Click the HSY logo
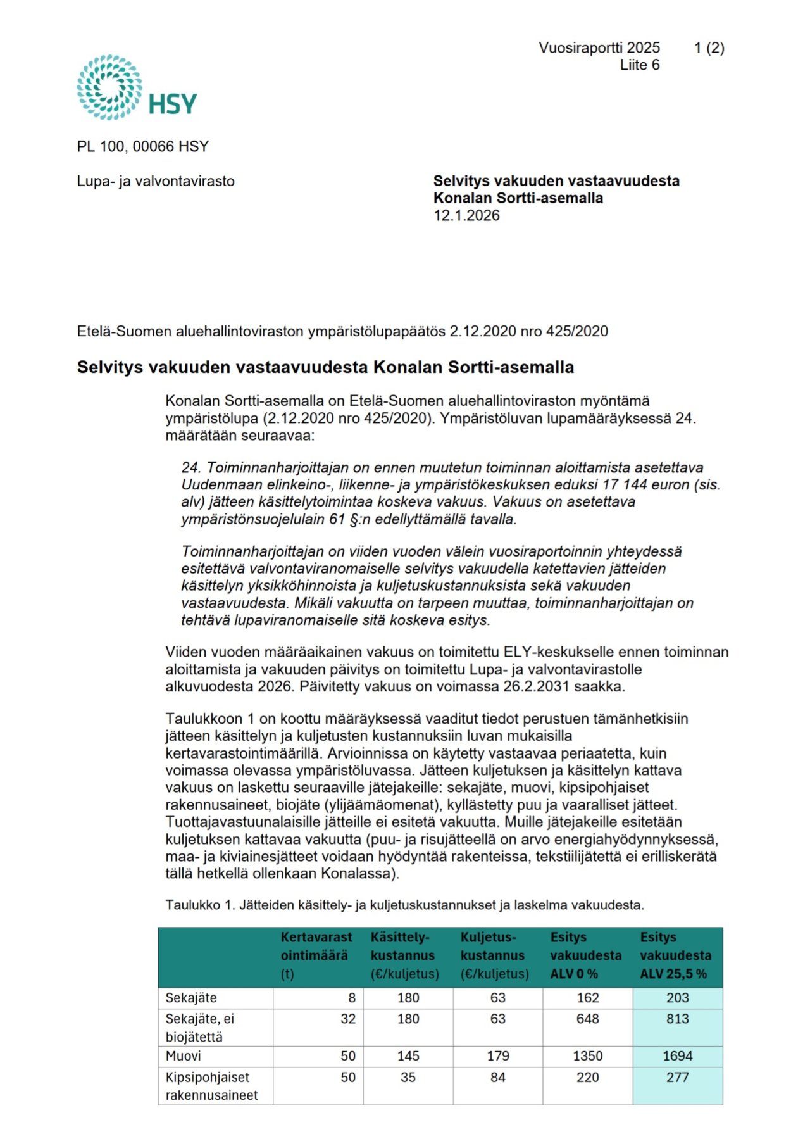[x=137, y=87]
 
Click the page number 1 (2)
[x=709, y=48]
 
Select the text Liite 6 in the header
[x=639, y=65]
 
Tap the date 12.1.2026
[x=466, y=216]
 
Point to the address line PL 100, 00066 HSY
[x=143, y=147]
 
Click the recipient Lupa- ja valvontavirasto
[x=156, y=182]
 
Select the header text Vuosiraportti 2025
[x=599, y=48]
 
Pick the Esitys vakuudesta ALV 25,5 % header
[x=675, y=955]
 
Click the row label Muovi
[x=184, y=1056]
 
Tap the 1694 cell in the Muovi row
[x=677, y=1056]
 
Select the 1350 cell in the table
[x=587, y=1056]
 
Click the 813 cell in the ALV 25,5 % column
[x=677, y=1019]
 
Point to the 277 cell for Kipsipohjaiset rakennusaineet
[x=677, y=1078]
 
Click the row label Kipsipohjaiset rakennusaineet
[x=211, y=1086]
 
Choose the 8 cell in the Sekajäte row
[x=352, y=998]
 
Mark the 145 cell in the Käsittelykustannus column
[x=408, y=1056]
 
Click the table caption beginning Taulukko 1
[x=404, y=905]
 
